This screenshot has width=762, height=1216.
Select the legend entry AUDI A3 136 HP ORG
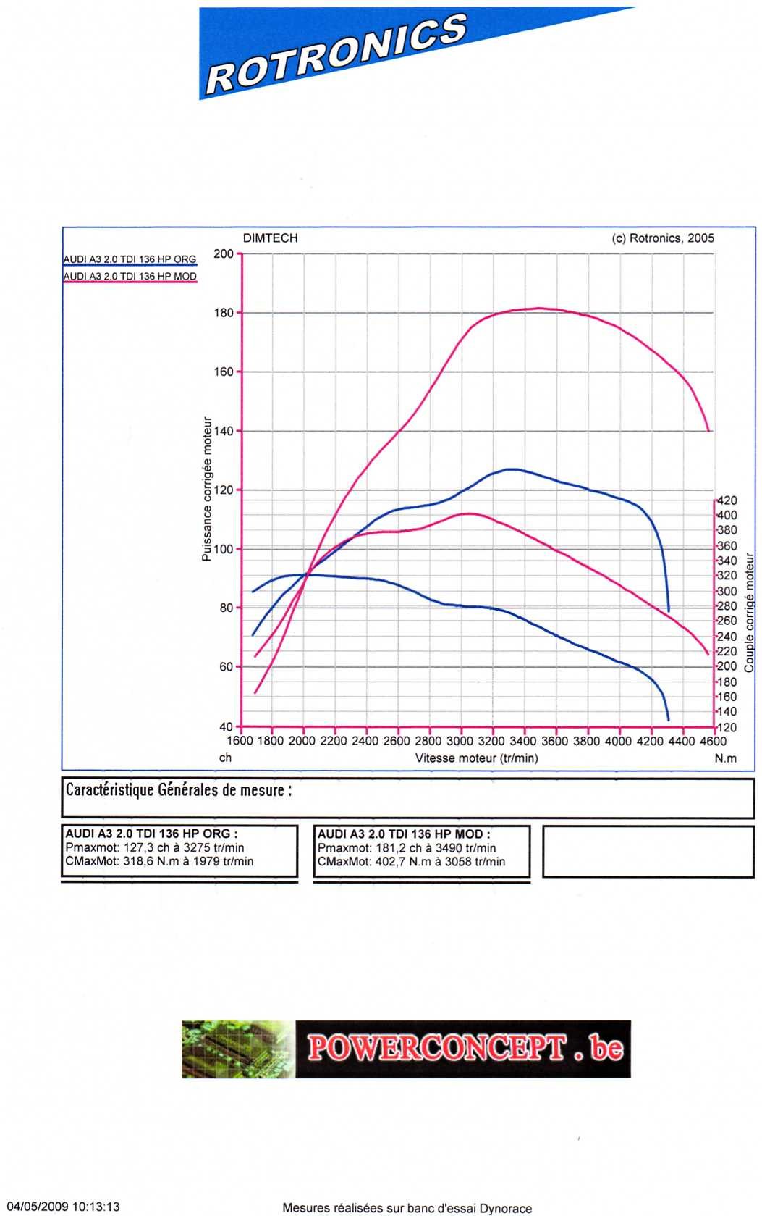pyautogui.click(x=130, y=259)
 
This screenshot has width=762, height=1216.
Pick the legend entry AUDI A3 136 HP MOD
pyautogui.click(x=130, y=277)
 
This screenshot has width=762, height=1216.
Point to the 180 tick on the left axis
pyautogui.click(x=224, y=313)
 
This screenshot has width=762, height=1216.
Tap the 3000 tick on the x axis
pyautogui.click(x=460, y=741)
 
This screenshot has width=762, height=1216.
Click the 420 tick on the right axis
pyautogui.click(x=727, y=500)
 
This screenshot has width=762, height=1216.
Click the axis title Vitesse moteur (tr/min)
pyautogui.click(x=476, y=758)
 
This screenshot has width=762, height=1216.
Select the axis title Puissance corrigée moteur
pyautogui.click(x=207, y=489)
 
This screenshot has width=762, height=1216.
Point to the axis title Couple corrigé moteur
pyautogui.click(x=750, y=612)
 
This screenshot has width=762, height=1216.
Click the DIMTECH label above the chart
pyautogui.click(x=270, y=238)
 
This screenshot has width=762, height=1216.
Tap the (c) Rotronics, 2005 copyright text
pyautogui.click(x=663, y=238)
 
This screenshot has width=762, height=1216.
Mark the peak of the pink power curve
pyautogui.click(x=538, y=308)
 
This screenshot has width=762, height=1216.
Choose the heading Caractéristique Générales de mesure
pyautogui.click(x=179, y=789)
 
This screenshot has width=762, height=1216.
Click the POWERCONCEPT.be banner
pyautogui.click(x=406, y=1049)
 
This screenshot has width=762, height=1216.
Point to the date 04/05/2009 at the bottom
pyautogui.click(x=37, y=1207)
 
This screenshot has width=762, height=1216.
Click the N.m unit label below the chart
pyautogui.click(x=725, y=758)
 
